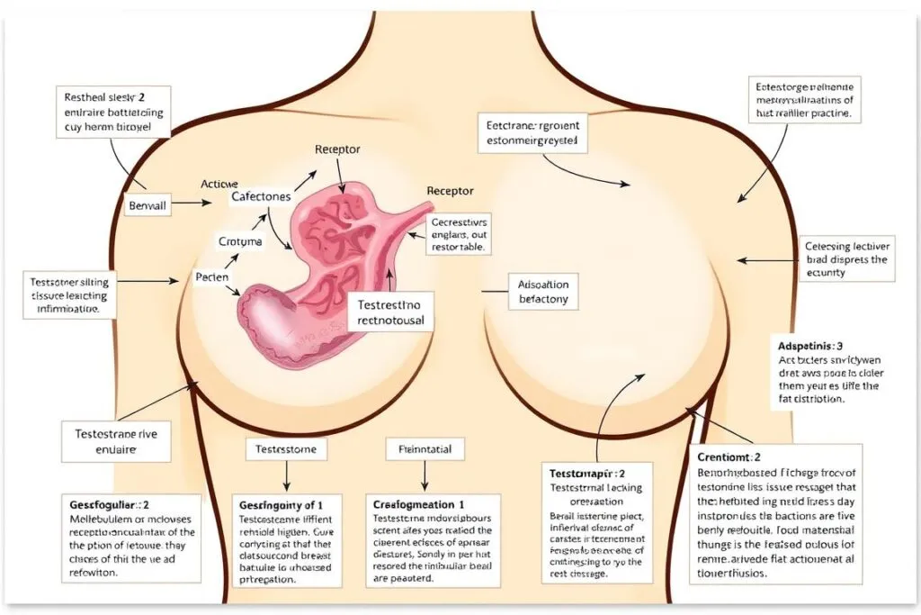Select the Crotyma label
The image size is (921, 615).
coord(240,241)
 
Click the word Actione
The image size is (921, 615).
coord(219,183)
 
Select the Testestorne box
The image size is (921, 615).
coord(287,448)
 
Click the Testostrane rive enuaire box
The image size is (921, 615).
coord(117,441)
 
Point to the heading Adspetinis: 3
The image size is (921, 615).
coord(809,345)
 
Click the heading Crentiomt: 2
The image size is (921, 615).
coord(729,457)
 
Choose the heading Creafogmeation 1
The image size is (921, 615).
coord(419,505)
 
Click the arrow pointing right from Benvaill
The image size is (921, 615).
coord(186,204)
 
